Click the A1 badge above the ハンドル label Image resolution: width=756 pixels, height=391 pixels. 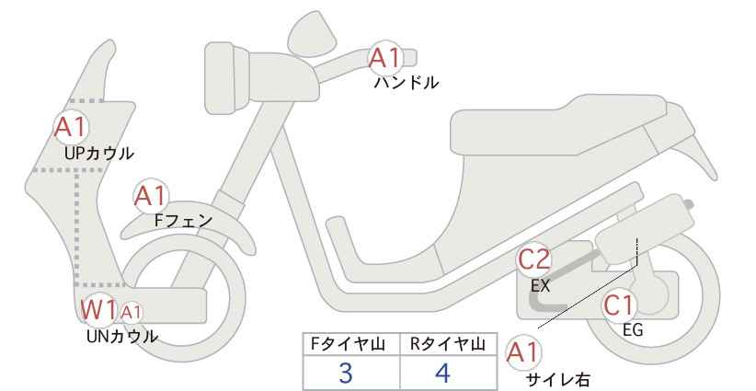(x=385, y=58)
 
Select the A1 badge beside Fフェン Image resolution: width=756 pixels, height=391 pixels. (x=150, y=196)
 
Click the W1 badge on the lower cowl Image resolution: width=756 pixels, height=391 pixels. (x=98, y=311)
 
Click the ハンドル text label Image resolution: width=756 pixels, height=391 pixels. (x=406, y=83)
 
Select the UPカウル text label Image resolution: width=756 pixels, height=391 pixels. (x=99, y=152)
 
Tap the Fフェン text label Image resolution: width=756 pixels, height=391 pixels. (x=183, y=221)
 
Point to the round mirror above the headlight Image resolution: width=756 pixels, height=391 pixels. (x=313, y=33)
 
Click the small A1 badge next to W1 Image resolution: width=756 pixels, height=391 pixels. (x=132, y=312)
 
